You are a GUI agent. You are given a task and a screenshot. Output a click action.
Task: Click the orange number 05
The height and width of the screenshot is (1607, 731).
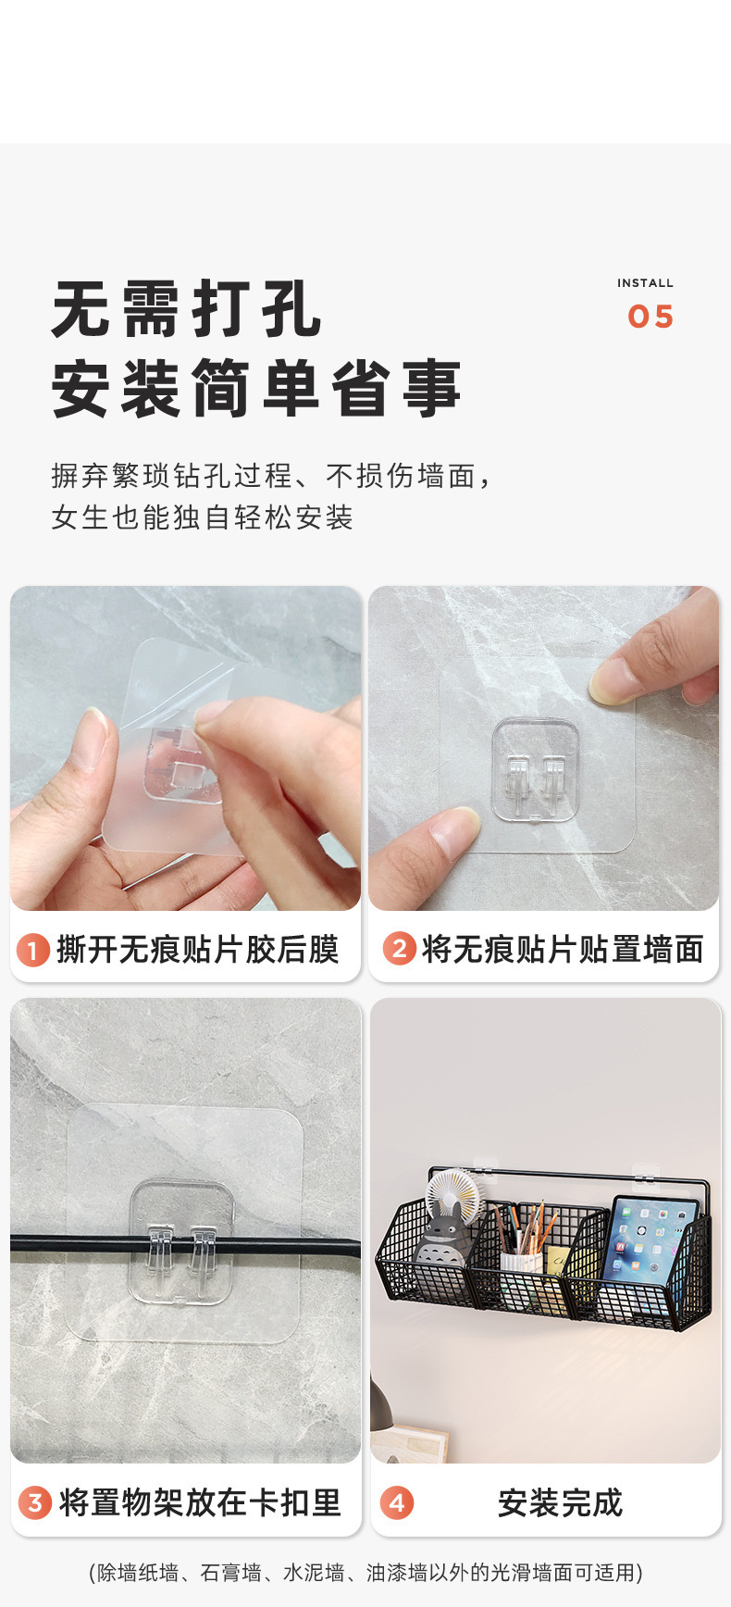(650, 317)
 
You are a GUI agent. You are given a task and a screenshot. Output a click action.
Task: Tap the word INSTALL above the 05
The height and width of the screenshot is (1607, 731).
(645, 283)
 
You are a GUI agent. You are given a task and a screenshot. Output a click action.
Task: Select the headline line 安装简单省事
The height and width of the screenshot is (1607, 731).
(256, 389)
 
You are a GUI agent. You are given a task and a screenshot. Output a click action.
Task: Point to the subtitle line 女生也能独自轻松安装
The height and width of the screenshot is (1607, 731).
(203, 517)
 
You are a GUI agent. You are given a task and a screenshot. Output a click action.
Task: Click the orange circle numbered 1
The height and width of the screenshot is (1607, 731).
(33, 950)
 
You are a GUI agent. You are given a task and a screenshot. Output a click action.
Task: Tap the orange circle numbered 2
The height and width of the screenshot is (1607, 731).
(400, 949)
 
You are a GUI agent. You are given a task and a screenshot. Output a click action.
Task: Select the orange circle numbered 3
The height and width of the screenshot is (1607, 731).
(35, 1501)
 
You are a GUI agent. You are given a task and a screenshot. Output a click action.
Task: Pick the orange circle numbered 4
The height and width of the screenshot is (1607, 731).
(397, 1501)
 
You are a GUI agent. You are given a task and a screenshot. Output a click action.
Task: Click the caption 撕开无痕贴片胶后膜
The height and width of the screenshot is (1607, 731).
(198, 950)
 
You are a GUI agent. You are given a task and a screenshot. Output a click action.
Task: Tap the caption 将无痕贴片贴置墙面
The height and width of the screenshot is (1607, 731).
(563, 950)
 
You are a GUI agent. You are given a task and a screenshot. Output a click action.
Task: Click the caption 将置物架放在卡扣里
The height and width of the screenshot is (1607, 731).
(200, 1501)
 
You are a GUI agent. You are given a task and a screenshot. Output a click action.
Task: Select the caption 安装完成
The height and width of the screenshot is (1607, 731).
(560, 1501)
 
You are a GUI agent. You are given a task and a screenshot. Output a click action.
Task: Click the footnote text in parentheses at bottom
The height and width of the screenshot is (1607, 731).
(365, 1572)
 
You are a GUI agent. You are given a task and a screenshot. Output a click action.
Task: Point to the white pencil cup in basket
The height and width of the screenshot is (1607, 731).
(521, 1262)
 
